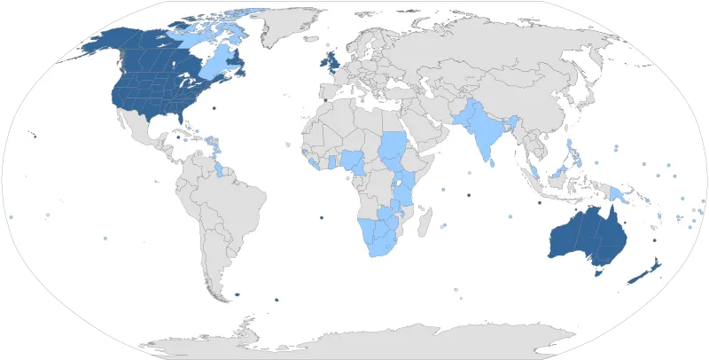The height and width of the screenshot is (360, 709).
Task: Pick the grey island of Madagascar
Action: [426, 217]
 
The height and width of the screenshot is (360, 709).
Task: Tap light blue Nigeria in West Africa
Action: [354, 161]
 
